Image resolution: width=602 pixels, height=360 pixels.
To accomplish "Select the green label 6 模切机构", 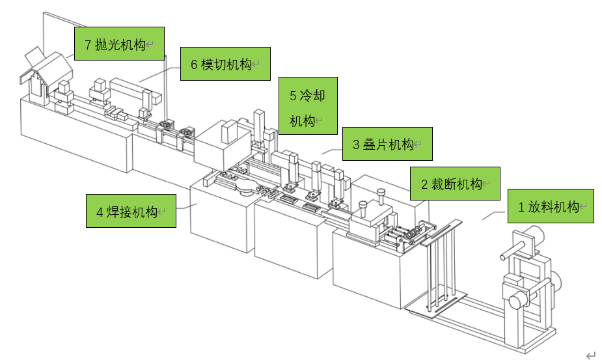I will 225,64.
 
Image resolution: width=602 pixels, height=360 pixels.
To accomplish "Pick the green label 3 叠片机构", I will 387,144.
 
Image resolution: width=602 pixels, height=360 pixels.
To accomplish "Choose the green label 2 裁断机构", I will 454,184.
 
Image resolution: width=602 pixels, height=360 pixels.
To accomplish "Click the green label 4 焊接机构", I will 131,211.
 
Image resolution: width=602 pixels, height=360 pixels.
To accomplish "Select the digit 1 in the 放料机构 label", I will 521,207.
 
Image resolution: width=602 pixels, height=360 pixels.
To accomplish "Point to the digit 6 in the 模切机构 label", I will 194,64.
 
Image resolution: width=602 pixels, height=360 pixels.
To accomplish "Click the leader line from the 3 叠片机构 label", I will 332,151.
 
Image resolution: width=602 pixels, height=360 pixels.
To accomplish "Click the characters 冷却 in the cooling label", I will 312,96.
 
